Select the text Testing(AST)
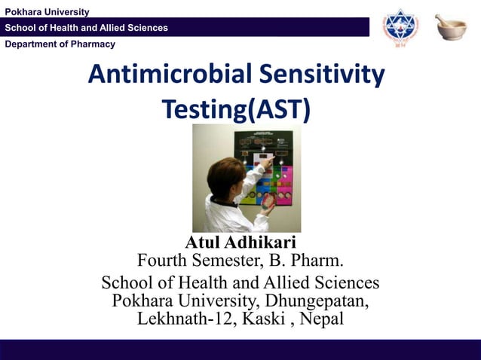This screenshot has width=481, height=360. [x=236, y=110]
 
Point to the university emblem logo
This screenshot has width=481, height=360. [x=399, y=27]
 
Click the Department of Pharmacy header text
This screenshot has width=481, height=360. [x=60, y=44]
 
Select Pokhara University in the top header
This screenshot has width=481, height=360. [x=47, y=11]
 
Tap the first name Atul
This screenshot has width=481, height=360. [x=202, y=243]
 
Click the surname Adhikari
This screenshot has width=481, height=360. [x=259, y=243]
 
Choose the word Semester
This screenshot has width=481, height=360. [x=226, y=262]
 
